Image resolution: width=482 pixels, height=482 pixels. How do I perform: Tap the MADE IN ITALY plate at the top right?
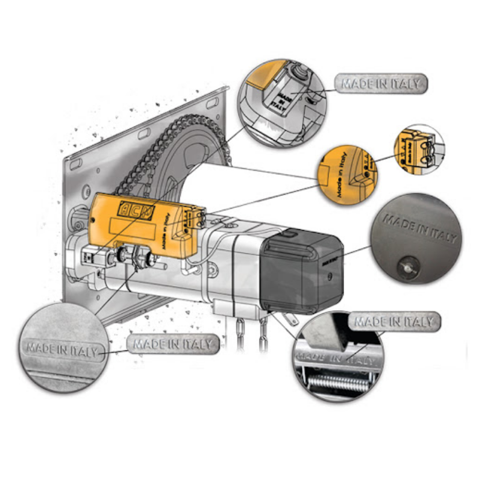[x=381, y=84]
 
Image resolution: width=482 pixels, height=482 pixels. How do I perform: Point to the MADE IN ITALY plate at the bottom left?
[x=174, y=345]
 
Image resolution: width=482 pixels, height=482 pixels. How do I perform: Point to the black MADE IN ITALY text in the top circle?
[x=280, y=99]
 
